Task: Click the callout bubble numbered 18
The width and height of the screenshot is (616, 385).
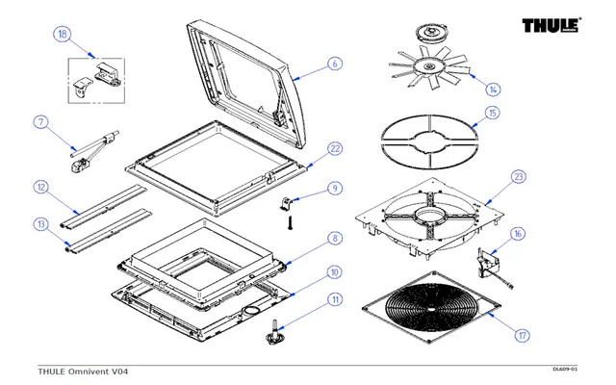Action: click(x=63, y=36)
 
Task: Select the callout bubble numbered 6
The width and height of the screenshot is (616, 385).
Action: click(x=335, y=64)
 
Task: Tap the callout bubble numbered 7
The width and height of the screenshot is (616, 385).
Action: click(x=40, y=122)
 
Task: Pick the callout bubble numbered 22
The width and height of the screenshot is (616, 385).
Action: click(x=335, y=148)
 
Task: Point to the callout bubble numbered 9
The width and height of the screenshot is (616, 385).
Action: click(x=335, y=188)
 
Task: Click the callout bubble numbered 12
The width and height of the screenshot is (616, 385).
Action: click(x=40, y=186)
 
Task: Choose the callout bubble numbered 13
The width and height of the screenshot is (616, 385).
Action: click(x=40, y=224)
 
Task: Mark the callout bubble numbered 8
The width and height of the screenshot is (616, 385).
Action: click(x=335, y=238)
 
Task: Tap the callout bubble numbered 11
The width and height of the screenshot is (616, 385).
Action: click(x=335, y=300)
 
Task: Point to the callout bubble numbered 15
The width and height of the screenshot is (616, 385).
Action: click(x=493, y=113)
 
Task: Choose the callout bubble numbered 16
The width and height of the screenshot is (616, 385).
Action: click(x=518, y=234)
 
